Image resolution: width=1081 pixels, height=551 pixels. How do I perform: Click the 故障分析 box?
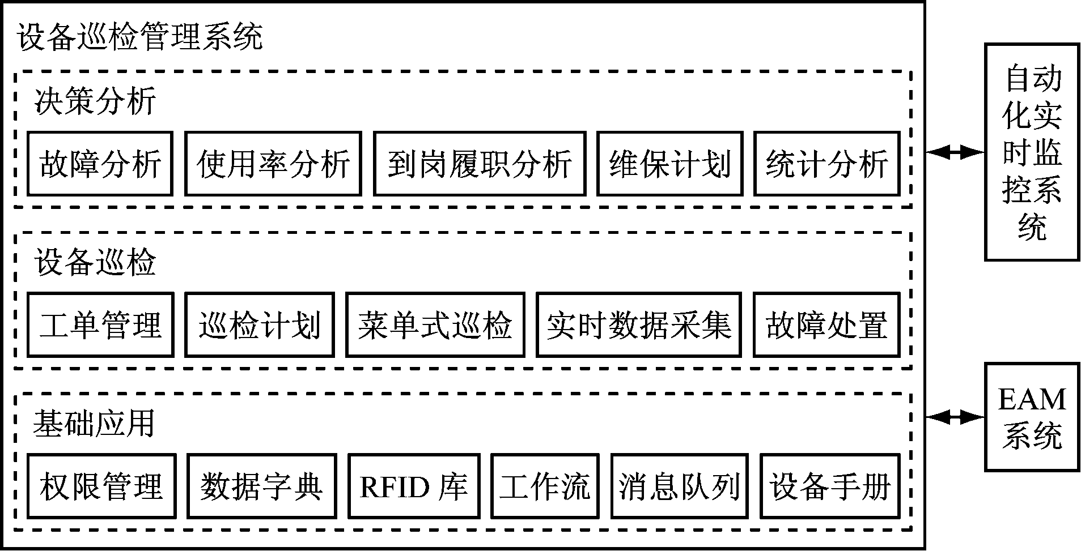100,164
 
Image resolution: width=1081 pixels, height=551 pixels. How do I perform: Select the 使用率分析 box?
273,164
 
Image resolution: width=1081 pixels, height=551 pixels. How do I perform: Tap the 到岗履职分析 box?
479,164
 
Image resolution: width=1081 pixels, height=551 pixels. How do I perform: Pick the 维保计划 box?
669,164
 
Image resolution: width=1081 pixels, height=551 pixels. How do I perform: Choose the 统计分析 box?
826,164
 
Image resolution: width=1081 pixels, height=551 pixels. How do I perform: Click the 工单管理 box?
100,324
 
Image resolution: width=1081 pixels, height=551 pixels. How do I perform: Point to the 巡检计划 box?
259,324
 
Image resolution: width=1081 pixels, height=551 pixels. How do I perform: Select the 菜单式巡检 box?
435,324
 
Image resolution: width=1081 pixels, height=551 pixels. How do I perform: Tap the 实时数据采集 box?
639,324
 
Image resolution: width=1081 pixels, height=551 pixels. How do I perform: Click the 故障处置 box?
826,324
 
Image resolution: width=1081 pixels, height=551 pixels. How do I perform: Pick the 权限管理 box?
101,486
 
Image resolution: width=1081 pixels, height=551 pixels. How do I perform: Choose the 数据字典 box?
261,486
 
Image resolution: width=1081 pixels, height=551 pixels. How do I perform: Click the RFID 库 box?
414,486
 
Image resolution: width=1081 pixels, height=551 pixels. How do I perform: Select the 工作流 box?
545,486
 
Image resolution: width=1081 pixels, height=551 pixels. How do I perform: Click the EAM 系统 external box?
1032,417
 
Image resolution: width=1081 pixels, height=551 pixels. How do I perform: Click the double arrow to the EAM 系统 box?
955,417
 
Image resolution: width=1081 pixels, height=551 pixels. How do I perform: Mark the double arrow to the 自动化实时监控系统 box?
955,152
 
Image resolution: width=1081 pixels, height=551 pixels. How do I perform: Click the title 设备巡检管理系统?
141,37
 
